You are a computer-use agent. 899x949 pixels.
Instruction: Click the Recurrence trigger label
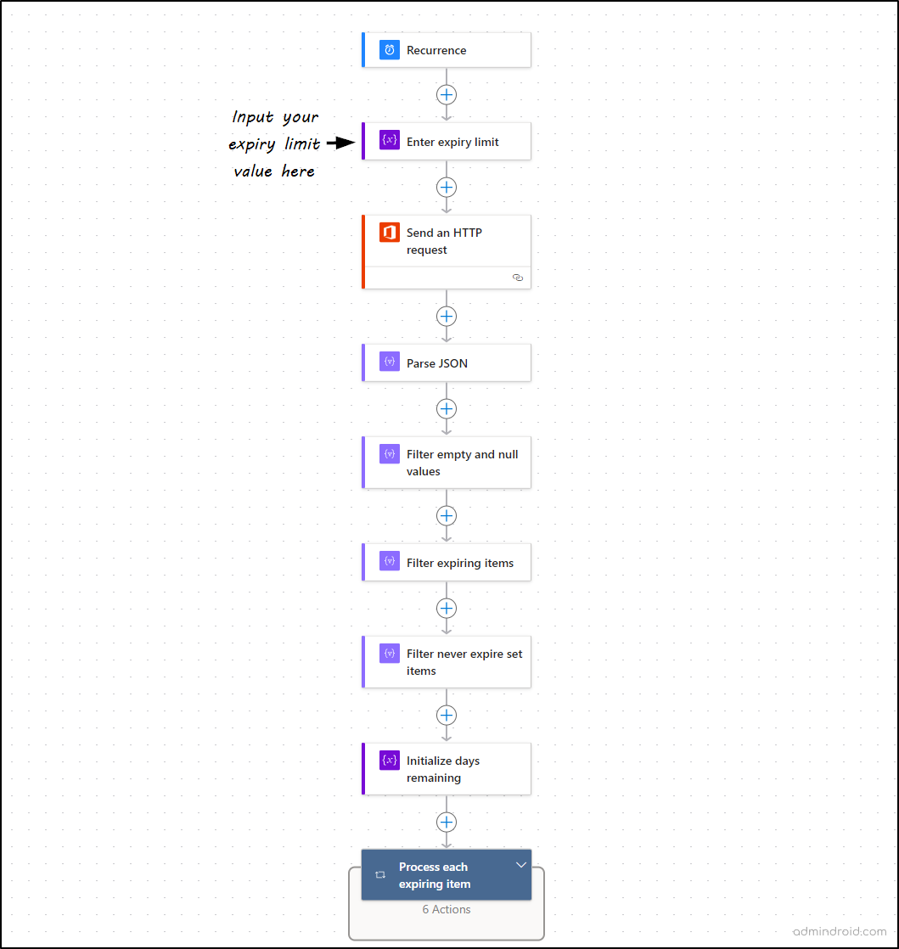[x=436, y=50]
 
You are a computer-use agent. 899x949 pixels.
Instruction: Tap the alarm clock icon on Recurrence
[x=390, y=50]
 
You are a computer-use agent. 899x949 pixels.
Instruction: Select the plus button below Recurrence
[x=447, y=94]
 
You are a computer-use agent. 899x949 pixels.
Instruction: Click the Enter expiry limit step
[x=452, y=142]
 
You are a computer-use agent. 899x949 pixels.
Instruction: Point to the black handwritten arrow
[x=340, y=143]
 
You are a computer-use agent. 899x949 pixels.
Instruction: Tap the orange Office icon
[x=390, y=233]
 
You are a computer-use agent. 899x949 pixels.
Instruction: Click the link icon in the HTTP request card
[x=518, y=278]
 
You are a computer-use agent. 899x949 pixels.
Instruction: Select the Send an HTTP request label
[x=444, y=241]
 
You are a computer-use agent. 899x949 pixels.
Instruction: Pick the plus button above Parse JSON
[x=447, y=317]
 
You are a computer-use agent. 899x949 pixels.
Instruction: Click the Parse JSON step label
[x=437, y=363]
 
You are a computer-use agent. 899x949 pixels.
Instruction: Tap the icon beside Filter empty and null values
[x=390, y=454]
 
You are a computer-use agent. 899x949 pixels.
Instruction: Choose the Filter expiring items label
[x=460, y=563]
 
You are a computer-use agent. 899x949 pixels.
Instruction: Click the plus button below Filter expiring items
[x=447, y=608]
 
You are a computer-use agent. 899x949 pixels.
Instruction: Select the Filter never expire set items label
[x=464, y=662]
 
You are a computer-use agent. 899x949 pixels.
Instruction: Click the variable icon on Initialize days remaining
[x=390, y=761]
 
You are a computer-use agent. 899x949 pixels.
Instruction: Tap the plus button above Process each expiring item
[x=447, y=822]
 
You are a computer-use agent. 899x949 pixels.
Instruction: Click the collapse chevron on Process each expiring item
[x=521, y=865]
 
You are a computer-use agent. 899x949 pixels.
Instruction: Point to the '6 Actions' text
[x=447, y=909]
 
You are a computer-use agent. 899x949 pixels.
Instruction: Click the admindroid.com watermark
[x=840, y=931]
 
